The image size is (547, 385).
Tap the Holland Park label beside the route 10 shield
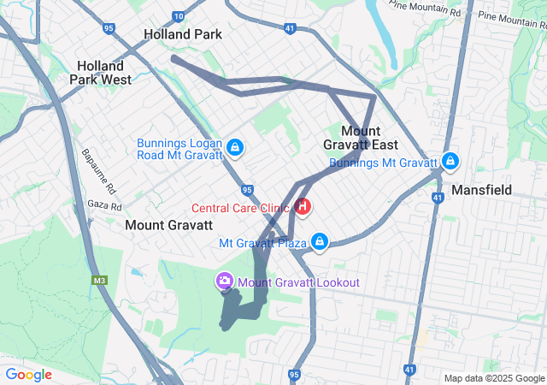click(x=183, y=35)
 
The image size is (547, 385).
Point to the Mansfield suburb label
click(x=480, y=189)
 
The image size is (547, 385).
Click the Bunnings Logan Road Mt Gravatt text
click(x=179, y=148)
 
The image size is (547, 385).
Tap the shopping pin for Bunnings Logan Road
click(x=235, y=148)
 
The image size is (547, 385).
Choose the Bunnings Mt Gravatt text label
click(x=383, y=163)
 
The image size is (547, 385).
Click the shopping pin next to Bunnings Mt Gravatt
click(x=450, y=160)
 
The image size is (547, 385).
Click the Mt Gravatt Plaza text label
click(x=262, y=243)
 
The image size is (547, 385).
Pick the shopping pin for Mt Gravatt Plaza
click(x=320, y=242)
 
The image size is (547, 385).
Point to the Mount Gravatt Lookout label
click(x=298, y=282)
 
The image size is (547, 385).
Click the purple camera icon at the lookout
click(x=225, y=281)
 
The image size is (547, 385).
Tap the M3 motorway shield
click(x=99, y=280)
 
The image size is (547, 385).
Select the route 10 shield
click(x=178, y=16)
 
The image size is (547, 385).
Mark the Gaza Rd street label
click(x=105, y=206)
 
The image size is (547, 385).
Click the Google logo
click(x=28, y=375)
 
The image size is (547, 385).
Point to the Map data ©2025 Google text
click(x=493, y=379)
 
